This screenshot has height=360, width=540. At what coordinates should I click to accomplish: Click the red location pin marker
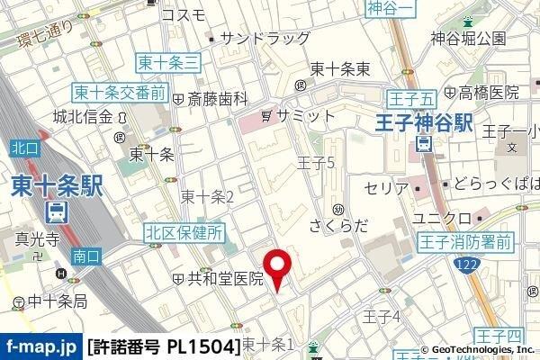[278, 267]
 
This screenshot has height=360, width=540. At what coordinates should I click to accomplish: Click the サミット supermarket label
[304, 115]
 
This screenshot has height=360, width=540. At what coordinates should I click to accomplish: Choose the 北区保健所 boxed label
[184, 234]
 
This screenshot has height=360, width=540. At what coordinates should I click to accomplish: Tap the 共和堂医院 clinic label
[225, 279]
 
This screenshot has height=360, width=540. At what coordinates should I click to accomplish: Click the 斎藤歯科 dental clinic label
[217, 98]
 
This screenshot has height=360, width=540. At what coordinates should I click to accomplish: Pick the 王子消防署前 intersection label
[464, 241]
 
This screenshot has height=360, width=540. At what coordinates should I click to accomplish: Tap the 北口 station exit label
[23, 147]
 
